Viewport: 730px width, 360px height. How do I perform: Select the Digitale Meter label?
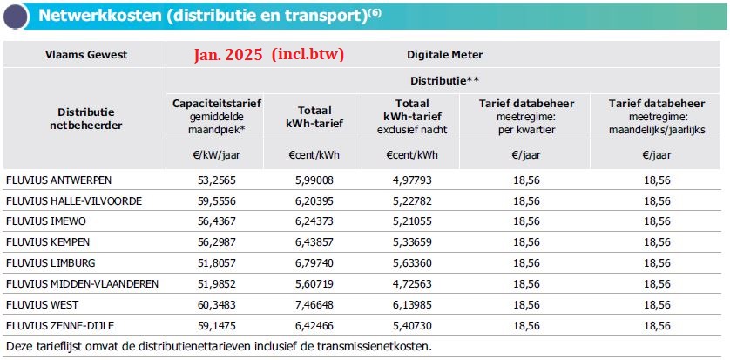[444, 54]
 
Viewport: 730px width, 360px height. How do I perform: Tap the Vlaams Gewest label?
[86, 54]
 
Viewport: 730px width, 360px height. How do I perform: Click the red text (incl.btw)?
[308, 54]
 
